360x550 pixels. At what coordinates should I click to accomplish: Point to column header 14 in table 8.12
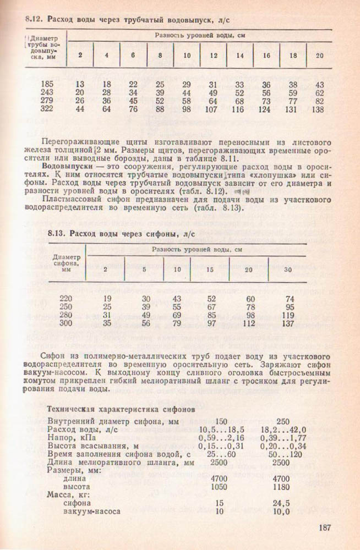click(239, 55)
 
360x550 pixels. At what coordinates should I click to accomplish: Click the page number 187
click(325, 528)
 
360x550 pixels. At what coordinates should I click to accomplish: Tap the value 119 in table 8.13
click(286, 315)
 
